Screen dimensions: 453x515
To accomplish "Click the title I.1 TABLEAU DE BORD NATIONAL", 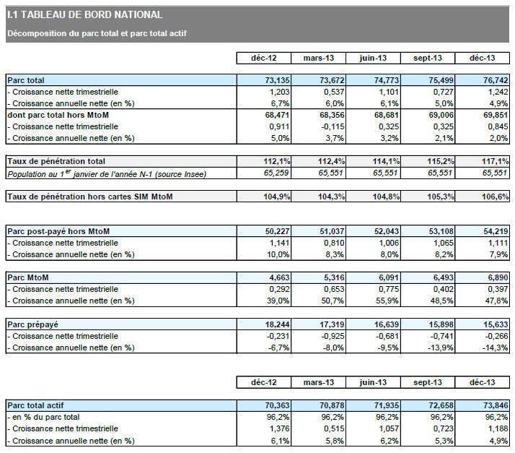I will [x=84, y=15].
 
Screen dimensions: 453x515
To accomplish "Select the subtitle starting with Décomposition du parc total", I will [x=97, y=33].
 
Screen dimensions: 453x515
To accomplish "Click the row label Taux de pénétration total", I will [x=56, y=161].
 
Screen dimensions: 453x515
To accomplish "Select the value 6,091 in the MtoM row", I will [x=374, y=277].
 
